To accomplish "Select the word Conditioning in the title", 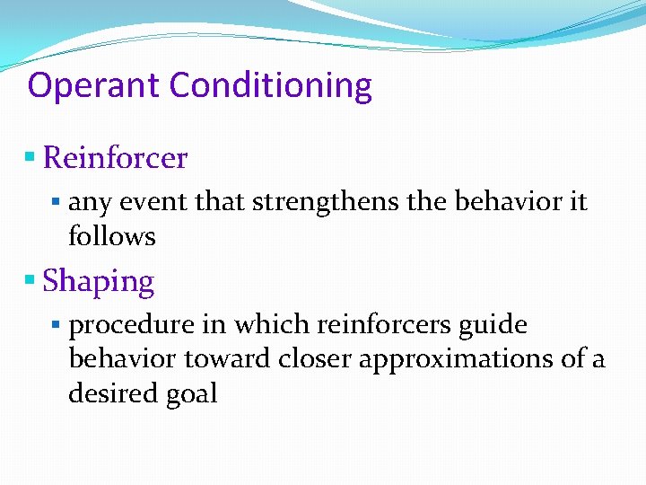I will coord(270,86).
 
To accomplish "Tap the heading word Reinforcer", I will coord(115,158).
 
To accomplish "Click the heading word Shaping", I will coord(99,281).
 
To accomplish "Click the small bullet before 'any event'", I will coord(57,202).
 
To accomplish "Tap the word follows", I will coord(112,236).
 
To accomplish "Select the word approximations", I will coord(458,359).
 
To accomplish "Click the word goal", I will coord(190,394).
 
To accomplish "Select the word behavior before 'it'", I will coord(507,201).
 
